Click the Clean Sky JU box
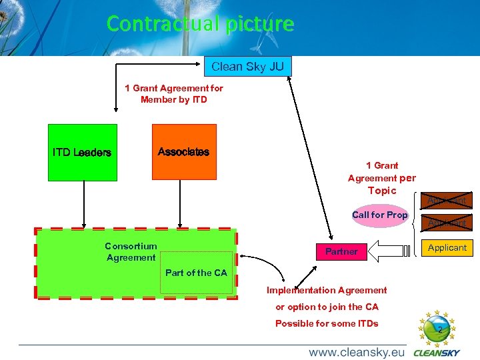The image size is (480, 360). coord(247,66)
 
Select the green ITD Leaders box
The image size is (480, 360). coord(83,152)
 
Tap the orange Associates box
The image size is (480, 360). coord(184,152)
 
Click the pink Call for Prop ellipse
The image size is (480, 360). coord(379,215)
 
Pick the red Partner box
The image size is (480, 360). coord(341,251)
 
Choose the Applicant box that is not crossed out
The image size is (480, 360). coord(447,247)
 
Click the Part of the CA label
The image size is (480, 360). coord(196,273)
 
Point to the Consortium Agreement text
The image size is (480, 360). coord(131,252)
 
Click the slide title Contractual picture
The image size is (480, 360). coord(200,24)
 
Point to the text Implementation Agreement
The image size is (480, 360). coord(326,290)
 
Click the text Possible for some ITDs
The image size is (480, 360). coord(327,323)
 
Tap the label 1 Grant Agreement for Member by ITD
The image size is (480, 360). coord(173,94)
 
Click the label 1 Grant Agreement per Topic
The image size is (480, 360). coord(382,178)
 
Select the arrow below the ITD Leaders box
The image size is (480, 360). coord(83,204)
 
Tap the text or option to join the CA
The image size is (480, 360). coord(327,307)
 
